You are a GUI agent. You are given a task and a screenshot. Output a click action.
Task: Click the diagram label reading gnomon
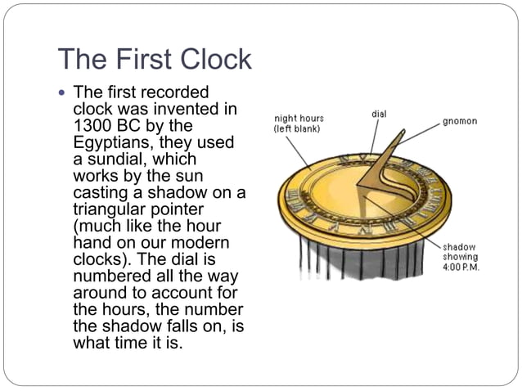coord(459,121)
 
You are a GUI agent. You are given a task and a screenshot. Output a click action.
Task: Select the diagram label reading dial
coord(379,114)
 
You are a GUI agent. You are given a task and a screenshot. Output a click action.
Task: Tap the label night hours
coord(299,119)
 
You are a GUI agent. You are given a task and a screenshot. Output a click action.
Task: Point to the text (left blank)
coord(297,129)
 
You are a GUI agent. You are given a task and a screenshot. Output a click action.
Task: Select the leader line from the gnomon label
coord(418,134)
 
